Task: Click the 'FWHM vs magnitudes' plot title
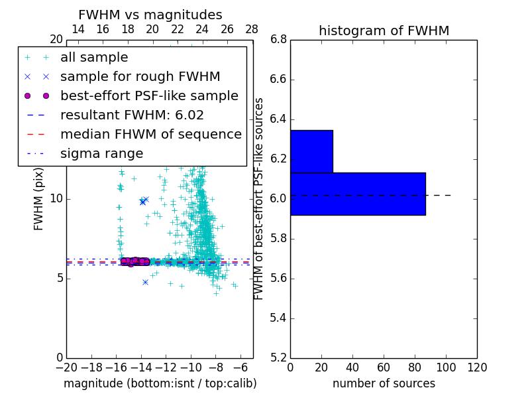pos(150,15)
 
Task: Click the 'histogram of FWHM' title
pos(384,31)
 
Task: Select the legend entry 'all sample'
pos(94,58)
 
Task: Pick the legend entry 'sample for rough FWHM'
pos(140,76)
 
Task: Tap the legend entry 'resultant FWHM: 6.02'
pos(132,115)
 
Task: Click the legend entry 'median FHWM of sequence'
pos(150,134)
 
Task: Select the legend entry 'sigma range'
pos(101,153)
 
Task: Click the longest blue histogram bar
pos(358,194)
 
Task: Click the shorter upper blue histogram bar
pos(311,151)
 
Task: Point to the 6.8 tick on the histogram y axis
pos(279,40)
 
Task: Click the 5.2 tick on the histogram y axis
pos(279,358)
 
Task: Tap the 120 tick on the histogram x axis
pos(477,367)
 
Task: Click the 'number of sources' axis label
pos(384,383)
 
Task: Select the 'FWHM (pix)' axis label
pos(39,198)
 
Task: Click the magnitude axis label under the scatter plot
pos(160,383)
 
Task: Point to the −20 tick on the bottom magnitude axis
pos(66,367)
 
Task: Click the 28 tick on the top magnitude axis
pos(252,29)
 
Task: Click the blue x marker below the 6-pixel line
pos(145,282)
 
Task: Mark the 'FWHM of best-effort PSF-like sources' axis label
pos(260,198)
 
